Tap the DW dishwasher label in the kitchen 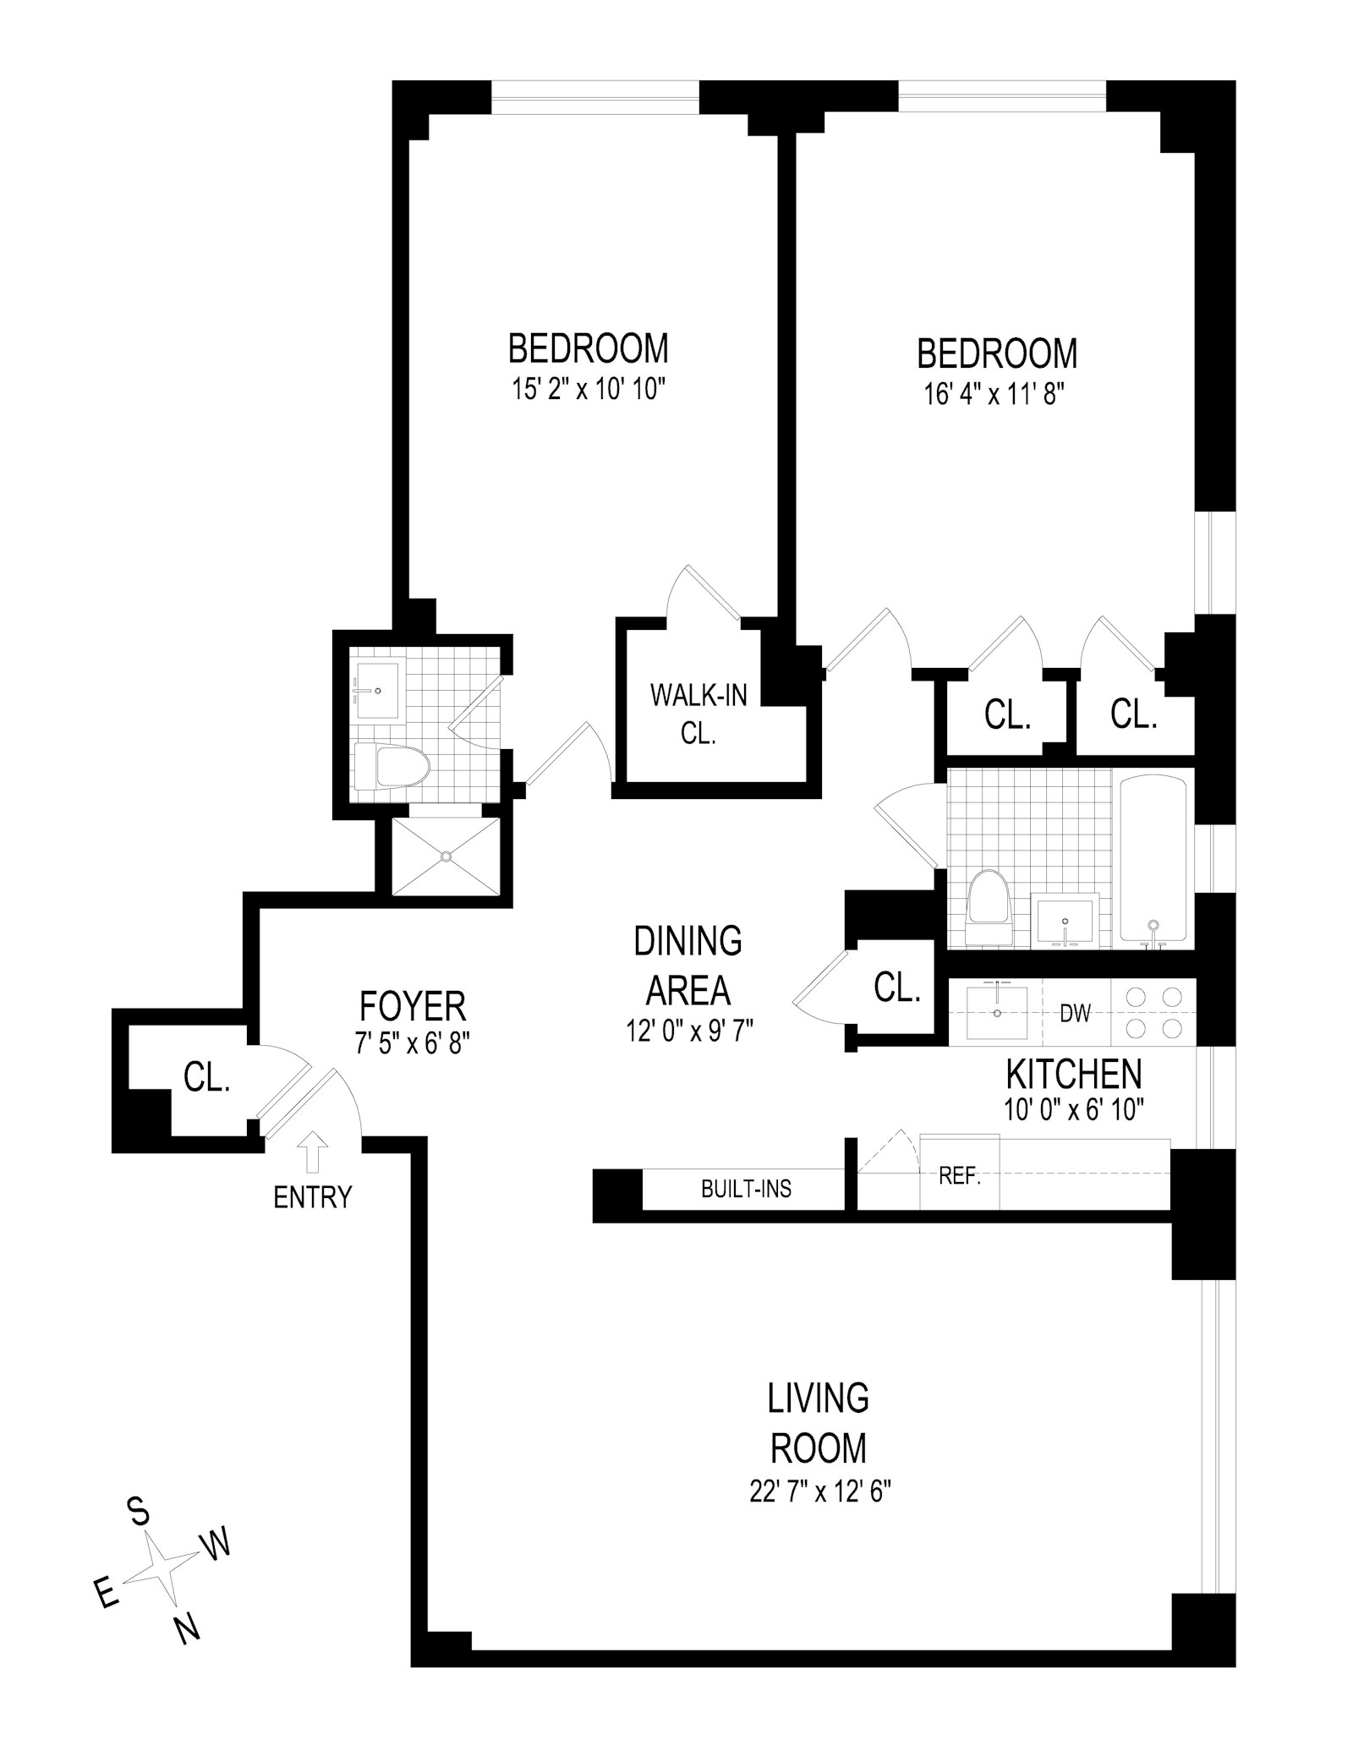1075,1013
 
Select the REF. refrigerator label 959,1176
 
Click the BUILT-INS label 746,1189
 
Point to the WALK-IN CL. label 698,714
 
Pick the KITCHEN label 1073,1075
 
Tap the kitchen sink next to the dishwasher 997,1011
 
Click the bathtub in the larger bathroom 1153,861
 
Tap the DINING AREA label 687,964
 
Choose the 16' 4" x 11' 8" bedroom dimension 996,395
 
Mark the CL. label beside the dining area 896,987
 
